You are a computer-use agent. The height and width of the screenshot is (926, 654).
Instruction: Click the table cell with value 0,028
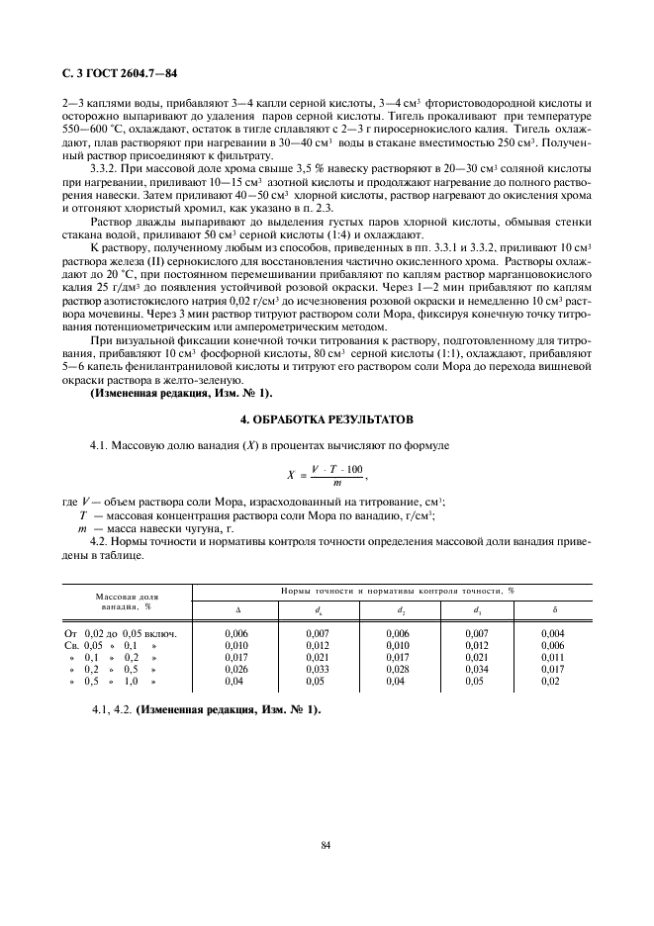point(397,670)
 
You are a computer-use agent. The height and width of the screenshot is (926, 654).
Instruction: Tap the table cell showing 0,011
point(553,657)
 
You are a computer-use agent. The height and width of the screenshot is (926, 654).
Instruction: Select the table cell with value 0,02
point(551,682)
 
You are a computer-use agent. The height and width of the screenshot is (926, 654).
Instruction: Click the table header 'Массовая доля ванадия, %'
point(126,602)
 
